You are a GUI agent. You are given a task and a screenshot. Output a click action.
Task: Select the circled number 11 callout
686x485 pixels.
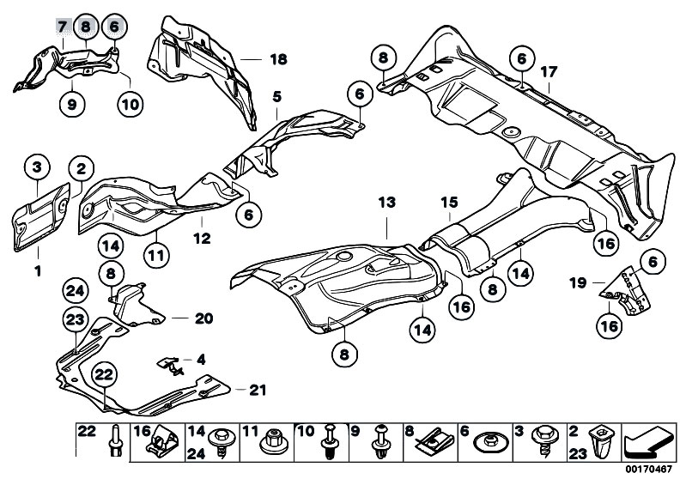click(x=155, y=253)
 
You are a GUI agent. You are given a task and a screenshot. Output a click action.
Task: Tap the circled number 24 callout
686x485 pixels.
click(x=76, y=290)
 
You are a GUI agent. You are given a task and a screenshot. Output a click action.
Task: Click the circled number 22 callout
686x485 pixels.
click(x=105, y=374)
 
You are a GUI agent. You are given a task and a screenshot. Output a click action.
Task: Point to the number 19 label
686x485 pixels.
click(x=577, y=281)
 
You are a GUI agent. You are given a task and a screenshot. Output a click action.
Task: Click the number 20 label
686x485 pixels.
click(x=203, y=318)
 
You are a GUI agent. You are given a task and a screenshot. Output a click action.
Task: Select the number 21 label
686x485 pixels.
click(x=258, y=391)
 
